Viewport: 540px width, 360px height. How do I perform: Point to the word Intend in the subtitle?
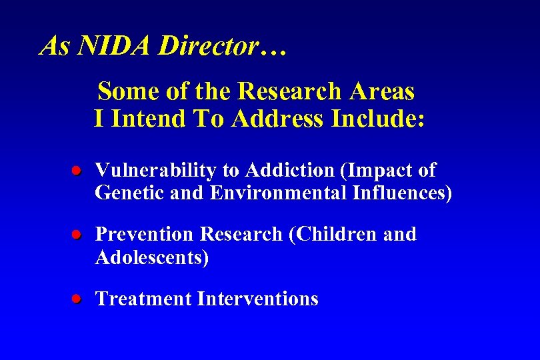[148, 119]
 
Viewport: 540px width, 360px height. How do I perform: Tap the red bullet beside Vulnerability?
[77, 171]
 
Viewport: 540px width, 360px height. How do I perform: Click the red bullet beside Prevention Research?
[77, 235]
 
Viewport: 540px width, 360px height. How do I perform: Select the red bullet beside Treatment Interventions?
[77, 299]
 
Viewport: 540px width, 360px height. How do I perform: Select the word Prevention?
[145, 235]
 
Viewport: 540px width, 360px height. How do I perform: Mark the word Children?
[331, 235]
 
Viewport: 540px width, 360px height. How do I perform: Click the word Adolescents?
[151, 257]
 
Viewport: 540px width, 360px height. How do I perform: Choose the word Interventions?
[257, 299]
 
